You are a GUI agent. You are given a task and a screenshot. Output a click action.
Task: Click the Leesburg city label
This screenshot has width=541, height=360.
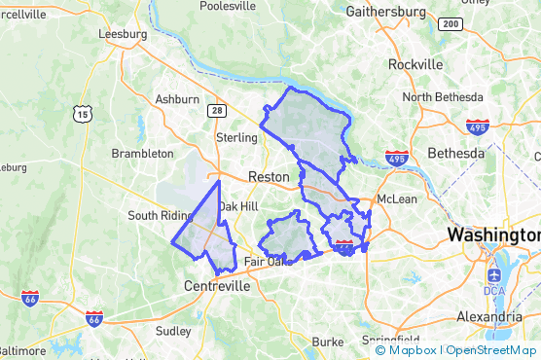tap(123, 33)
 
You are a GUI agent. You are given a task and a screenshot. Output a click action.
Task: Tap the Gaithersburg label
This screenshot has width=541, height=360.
tap(386, 12)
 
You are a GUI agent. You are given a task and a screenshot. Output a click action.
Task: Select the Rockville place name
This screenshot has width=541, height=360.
tap(415, 64)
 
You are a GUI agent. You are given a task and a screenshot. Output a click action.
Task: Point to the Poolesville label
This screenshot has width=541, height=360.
tap(228, 6)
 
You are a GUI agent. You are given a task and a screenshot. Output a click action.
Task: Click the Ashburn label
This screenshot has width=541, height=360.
tap(177, 99)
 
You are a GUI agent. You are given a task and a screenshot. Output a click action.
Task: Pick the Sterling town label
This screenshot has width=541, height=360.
tap(235, 137)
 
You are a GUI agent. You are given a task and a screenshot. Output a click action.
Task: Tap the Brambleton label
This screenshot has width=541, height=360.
tap(143, 154)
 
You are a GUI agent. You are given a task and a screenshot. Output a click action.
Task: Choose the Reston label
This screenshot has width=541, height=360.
tap(270, 177)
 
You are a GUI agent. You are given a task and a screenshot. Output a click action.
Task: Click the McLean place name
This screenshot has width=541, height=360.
tap(397, 198)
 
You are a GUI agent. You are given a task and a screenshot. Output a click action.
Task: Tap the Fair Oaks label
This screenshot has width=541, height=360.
tap(269, 262)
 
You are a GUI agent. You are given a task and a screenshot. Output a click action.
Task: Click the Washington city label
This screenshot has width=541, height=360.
tap(493, 235)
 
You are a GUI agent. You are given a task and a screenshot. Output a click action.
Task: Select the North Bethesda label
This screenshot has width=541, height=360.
tap(443, 97)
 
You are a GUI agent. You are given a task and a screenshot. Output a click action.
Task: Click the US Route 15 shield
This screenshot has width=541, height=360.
tap(81, 114)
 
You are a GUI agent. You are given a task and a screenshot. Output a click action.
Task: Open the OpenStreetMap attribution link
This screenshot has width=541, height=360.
tap(493, 350)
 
